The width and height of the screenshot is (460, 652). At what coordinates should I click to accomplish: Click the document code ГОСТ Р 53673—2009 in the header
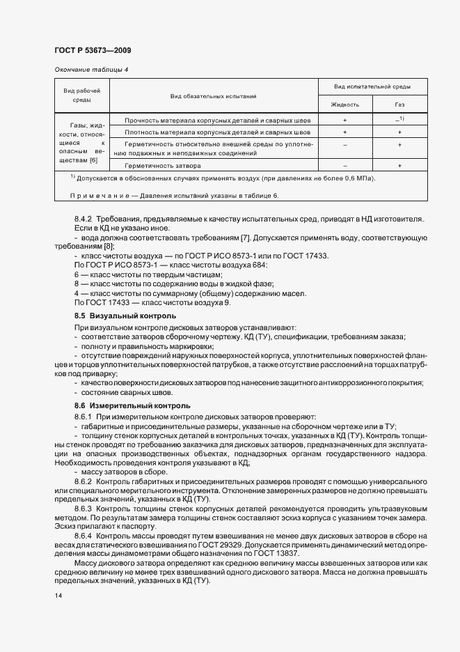coord(93,51)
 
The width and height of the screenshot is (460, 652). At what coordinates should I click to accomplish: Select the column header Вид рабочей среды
coord(82,95)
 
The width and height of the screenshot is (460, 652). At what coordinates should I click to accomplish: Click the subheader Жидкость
coord(346,104)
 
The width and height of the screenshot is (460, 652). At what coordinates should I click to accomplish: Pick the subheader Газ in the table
coord(399,104)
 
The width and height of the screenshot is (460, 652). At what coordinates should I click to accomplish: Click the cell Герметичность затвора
coord(164,166)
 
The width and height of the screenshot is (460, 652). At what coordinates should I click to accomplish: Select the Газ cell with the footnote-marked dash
coord(399,120)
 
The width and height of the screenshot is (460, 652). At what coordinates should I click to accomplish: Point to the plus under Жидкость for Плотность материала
coord(345,131)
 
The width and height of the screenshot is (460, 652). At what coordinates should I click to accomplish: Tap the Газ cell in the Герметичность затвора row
coord(399,166)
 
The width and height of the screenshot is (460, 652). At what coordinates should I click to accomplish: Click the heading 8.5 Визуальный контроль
coord(120,316)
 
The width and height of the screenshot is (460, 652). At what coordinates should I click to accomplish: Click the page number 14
coord(58,596)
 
